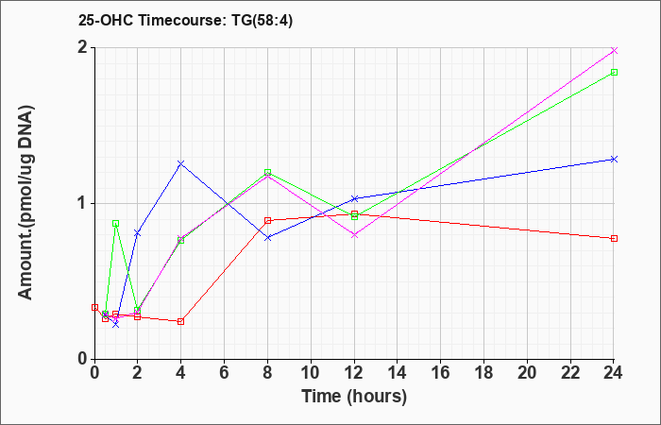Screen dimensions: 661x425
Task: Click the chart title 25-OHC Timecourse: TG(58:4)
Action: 185,20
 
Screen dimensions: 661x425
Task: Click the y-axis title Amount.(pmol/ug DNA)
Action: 25,202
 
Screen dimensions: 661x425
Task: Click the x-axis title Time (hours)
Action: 354,397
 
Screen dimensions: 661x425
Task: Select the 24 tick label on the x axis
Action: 614,373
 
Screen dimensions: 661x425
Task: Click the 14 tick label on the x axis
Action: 398,373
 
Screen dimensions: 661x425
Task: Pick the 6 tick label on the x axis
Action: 225,373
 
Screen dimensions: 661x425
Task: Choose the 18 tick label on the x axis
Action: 483,373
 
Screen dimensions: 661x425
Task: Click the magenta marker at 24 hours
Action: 614,50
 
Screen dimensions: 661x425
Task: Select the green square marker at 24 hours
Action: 614,72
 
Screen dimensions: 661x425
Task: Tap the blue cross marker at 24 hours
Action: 614,159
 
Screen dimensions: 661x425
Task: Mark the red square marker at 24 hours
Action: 614,238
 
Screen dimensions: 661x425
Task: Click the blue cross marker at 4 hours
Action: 181,163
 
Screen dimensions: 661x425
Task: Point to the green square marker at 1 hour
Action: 116,223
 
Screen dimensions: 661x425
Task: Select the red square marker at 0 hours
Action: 94,307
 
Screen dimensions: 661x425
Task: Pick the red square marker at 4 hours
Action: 181,321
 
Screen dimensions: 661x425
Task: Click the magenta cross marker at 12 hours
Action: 354,235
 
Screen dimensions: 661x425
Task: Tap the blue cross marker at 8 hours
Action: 267,238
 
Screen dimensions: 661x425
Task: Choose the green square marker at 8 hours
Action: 267,173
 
